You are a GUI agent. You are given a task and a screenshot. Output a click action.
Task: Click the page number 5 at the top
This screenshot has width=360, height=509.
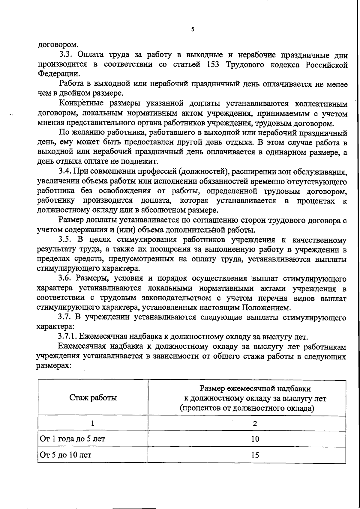coord(193,29)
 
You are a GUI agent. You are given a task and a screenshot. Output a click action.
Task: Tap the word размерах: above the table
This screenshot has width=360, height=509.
coord(53,366)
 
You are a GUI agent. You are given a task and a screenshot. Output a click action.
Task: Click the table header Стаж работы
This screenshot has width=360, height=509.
coord(93,398)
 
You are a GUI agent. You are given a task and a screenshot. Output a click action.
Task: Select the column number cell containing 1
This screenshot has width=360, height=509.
coord(93,423)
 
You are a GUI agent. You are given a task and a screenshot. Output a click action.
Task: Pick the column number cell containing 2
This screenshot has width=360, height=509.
coord(255,423)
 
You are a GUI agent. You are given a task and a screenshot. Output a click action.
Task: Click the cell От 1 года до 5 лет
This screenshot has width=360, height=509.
coord(73,439)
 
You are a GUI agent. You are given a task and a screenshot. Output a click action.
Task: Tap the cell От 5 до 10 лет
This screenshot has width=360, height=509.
coord(66,455)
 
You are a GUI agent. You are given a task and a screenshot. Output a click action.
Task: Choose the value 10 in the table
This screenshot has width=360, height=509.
coord(255,439)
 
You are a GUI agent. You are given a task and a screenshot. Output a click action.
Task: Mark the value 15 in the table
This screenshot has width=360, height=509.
coord(255,455)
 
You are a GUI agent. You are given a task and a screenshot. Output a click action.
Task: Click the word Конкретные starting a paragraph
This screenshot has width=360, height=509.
coord(81,104)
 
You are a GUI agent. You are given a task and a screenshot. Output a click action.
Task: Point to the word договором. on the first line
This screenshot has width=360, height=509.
coord(58,45)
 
